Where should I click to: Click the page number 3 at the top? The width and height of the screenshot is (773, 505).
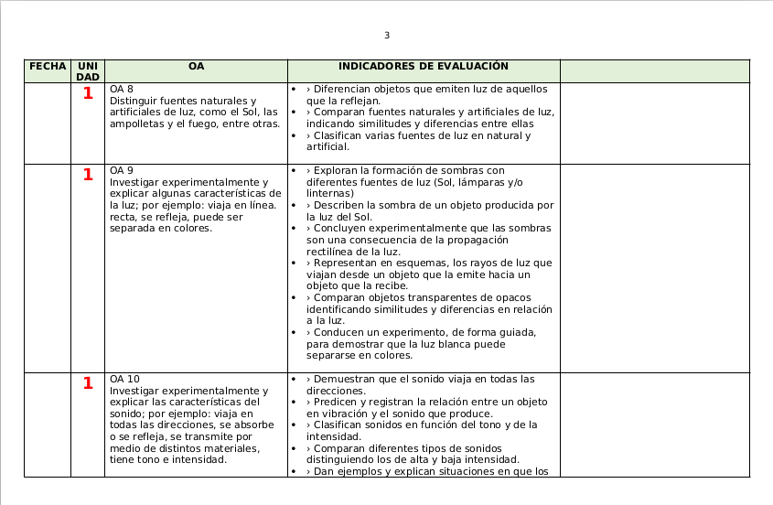click(386, 36)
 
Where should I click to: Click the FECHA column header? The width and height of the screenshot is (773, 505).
click(48, 67)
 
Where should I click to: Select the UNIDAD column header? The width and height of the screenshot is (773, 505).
click(88, 71)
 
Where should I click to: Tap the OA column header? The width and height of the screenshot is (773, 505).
click(196, 67)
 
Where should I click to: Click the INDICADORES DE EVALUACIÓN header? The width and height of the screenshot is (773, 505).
click(423, 67)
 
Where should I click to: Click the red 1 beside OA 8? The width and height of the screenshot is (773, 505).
click(88, 93)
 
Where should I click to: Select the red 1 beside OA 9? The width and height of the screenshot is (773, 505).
click(88, 175)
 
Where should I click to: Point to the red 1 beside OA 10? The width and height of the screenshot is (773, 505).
click(88, 383)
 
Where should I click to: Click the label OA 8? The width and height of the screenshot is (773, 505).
click(122, 90)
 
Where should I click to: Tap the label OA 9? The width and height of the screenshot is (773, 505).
click(122, 171)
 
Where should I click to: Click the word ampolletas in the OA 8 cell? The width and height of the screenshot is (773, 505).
click(135, 124)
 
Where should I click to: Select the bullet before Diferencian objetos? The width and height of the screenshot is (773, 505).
click(293, 90)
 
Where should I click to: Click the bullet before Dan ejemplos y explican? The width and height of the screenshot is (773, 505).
click(293, 472)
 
